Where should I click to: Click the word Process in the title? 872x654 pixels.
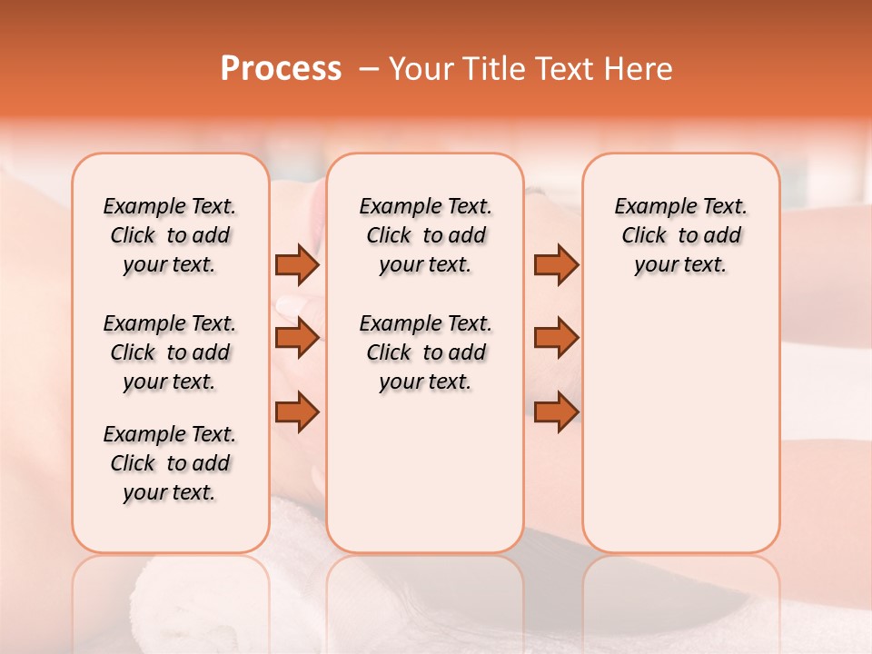(281, 69)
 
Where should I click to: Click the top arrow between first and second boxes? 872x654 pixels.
(297, 264)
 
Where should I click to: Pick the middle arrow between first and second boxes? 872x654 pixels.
(297, 338)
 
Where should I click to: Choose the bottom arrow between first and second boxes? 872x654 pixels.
(297, 411)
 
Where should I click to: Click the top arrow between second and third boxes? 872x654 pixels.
(556, 264)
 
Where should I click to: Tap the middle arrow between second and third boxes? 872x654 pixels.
(556, 338)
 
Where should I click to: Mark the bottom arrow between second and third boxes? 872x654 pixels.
(556, 411)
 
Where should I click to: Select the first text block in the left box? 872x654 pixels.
(170, 235)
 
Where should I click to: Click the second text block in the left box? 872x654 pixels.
(170, 352)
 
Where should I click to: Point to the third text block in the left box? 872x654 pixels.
(170, 463)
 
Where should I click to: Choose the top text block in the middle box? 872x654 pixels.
(425, 235)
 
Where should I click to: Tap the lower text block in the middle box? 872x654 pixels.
(425, 352)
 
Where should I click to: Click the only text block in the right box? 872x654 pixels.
(680, 235)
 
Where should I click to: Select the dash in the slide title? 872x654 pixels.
(369, 69)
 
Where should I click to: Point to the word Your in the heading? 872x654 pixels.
(416, 69)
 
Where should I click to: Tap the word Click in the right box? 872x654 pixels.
(644, 236)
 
